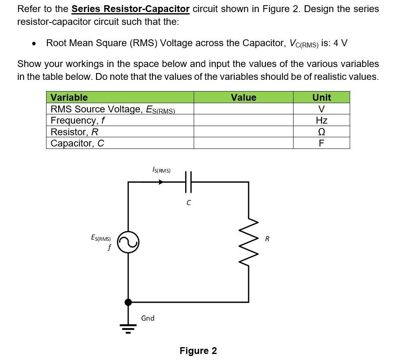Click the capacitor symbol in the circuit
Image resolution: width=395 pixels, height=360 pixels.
188,182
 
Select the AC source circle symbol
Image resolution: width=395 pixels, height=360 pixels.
128,242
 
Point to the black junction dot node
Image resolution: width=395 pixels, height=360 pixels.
128,302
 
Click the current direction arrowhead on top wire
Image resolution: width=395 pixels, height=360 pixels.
161,182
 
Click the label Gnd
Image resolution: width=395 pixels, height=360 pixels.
148,318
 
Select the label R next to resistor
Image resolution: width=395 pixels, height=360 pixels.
267,239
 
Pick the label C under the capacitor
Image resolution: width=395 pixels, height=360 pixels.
188,203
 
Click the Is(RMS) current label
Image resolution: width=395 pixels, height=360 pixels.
161,170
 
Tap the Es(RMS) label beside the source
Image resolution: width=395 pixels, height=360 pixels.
101,238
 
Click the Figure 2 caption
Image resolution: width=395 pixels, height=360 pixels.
198,351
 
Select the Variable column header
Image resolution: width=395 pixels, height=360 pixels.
69,98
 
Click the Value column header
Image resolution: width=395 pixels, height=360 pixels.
243,98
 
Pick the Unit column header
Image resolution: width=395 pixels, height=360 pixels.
321,98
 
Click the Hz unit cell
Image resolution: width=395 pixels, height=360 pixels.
321,120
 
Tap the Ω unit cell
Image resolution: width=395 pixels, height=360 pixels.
321,132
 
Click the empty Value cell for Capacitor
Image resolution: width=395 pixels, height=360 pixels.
243,143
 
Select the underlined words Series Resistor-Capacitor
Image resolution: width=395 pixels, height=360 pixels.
131,9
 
